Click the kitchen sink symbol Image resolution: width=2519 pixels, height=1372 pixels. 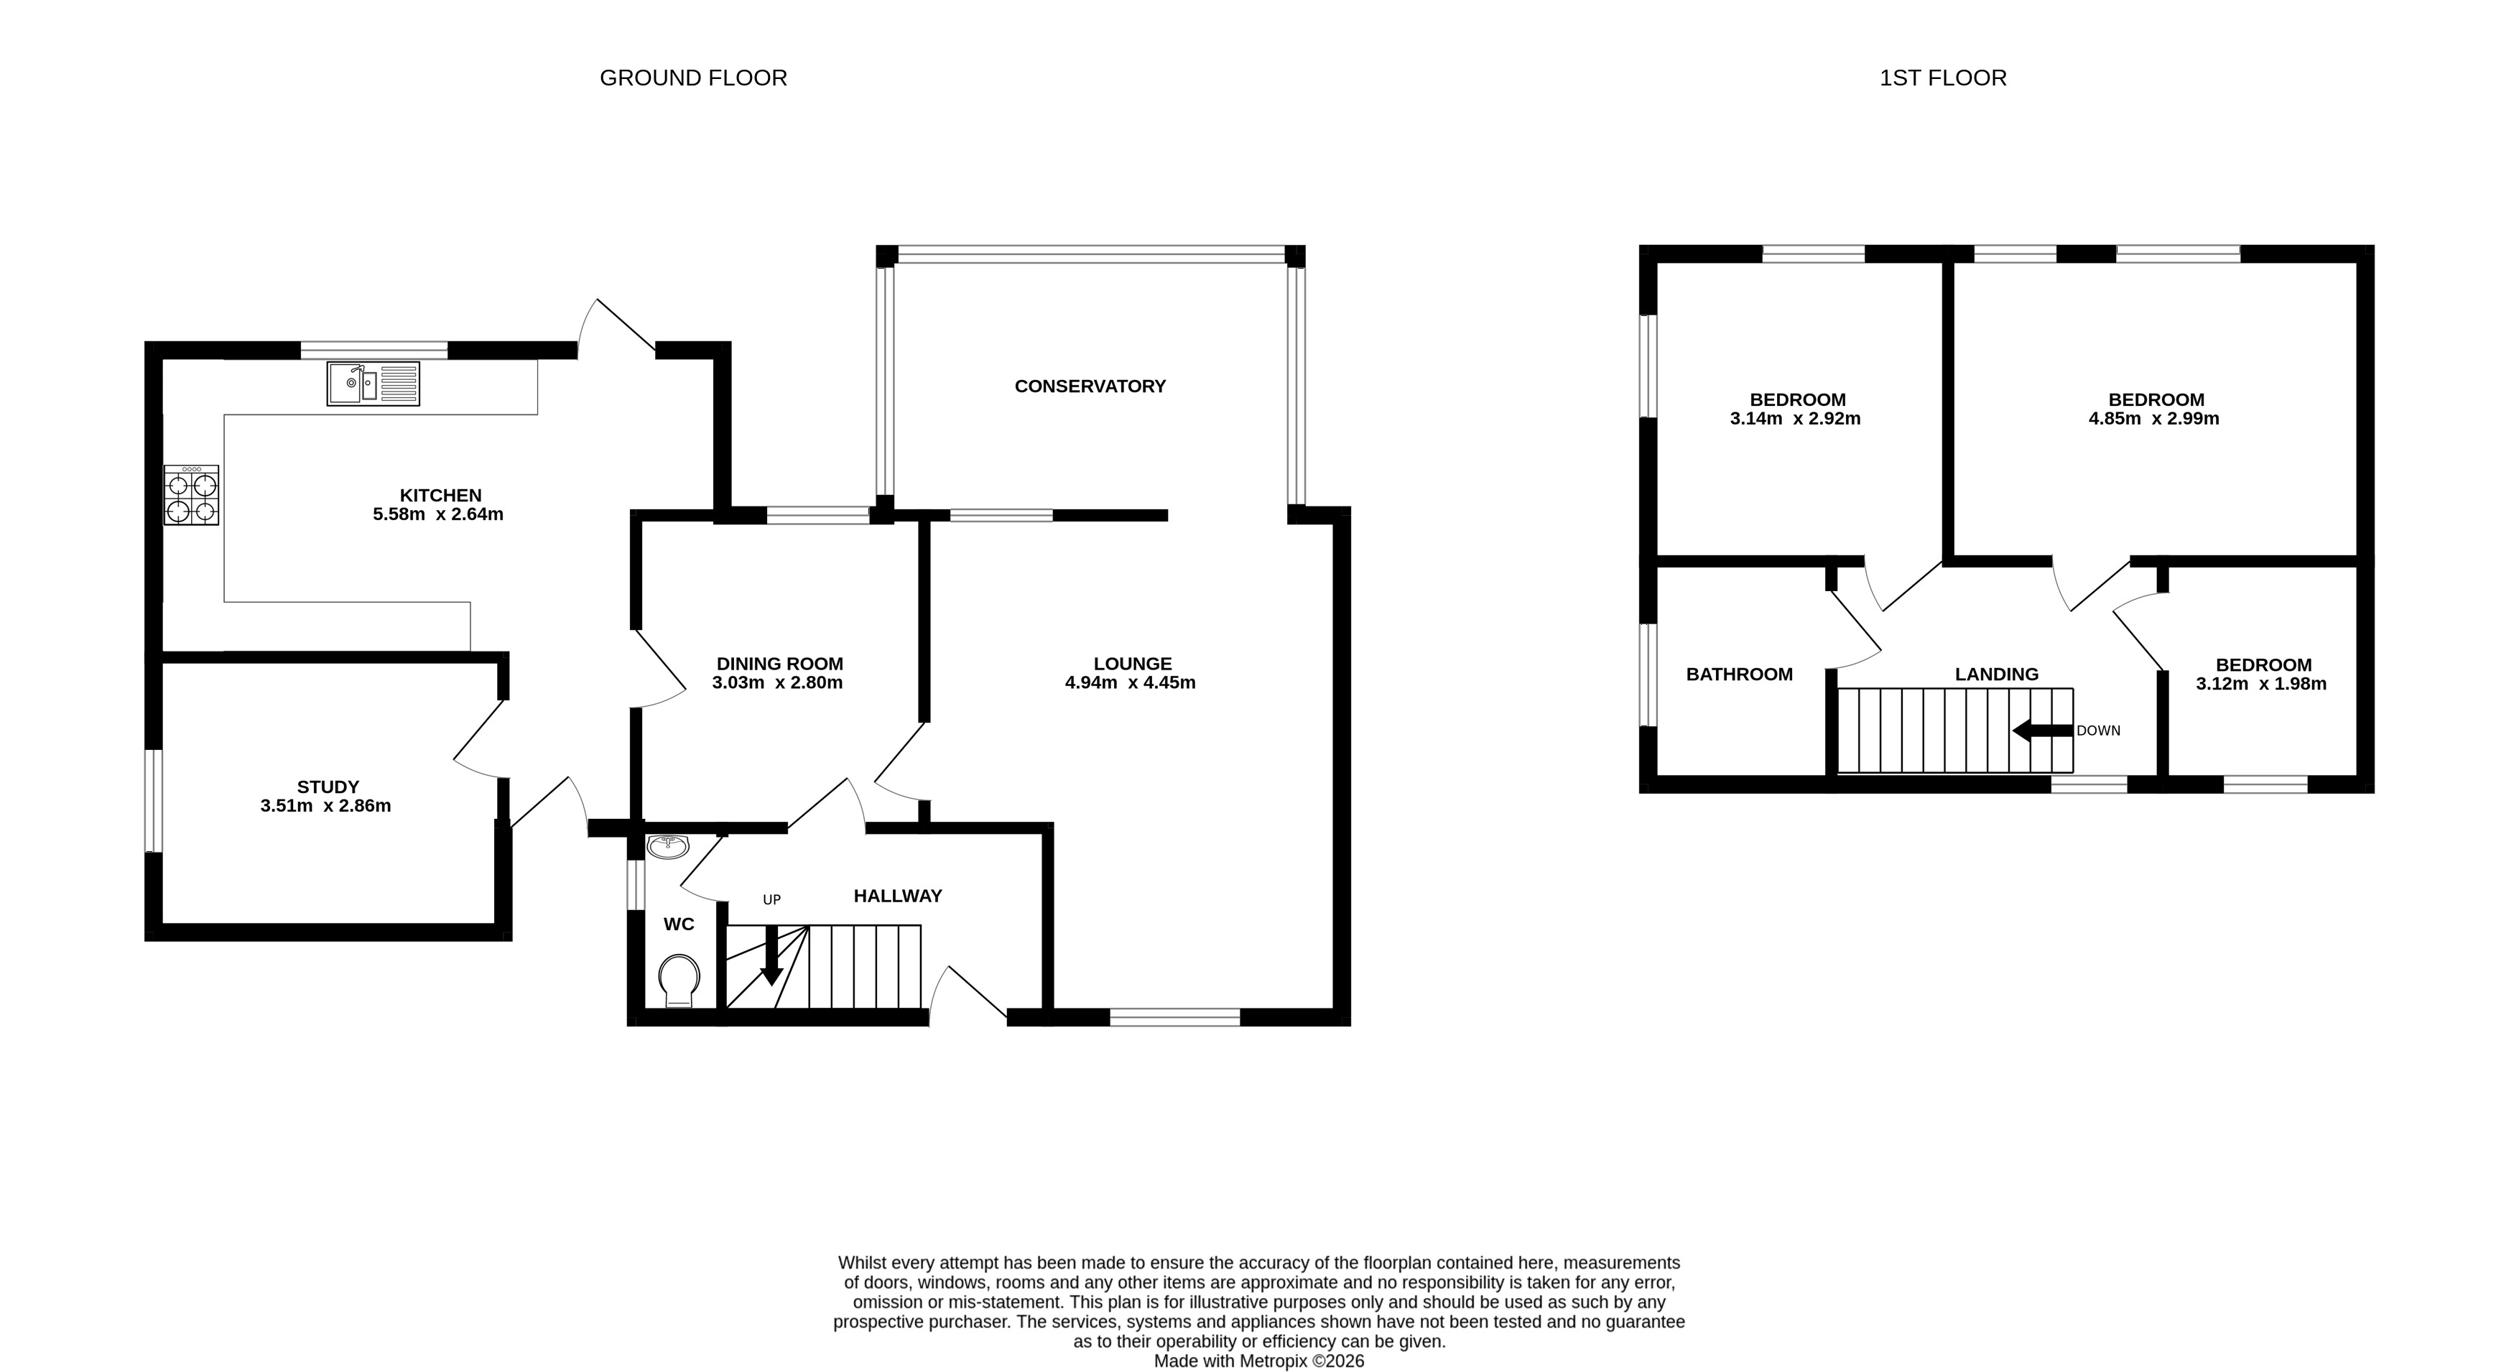(373, 384)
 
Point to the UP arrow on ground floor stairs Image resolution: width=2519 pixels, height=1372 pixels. (771, 956)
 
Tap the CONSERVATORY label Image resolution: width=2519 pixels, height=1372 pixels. (1090, 386)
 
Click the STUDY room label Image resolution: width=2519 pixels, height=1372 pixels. (328, 787)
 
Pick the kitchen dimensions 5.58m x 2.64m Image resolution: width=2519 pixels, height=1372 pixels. (437, 514)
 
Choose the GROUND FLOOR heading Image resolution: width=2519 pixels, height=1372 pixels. (692, 78)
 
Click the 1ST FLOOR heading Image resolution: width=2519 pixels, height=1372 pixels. (1942, 78)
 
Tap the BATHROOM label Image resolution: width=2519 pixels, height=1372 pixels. (1739, 674)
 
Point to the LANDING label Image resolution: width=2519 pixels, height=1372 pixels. (1996, 674)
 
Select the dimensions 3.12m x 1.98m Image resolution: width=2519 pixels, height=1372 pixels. (2261, 684)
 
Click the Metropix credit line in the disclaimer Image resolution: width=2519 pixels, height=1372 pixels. (1258, 1361)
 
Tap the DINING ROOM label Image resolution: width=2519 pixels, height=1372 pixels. (779, 663)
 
